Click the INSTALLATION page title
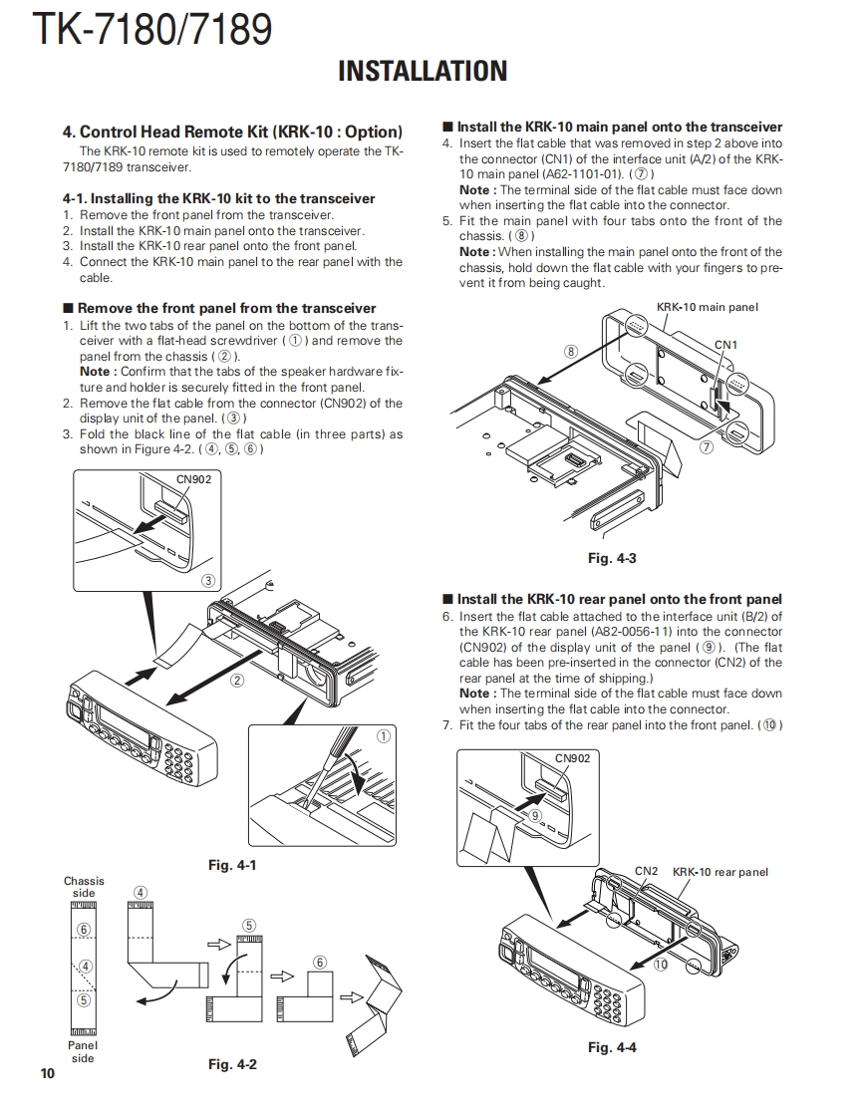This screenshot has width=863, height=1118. pyautogui.click(x=423, y=72)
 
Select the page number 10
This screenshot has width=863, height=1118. pyautogui.click(x=48, y=1073)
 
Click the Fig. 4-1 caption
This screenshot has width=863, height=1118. pyautogui.click(x=232, y=865)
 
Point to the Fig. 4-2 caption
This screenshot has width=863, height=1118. pyautogui.click(x=232, y=1064)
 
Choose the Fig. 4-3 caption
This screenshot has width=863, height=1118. pyautogui.click(x=612, y=558)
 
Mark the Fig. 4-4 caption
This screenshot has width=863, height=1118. pyautogui.click(x=612, y=1047)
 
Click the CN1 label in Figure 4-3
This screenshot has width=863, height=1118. pyautogui.click(x=726, y=345)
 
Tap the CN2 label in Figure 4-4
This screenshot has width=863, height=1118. pyautogui.click(x=647, y=871)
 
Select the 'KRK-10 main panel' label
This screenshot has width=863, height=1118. pyautogui.click(x=708, y=307)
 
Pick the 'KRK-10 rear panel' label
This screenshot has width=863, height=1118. pyautogui.click(x=720, y=872)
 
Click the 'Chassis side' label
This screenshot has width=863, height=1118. pyautogui.click(x=84, y=887)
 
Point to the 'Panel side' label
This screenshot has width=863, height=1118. pyautogui.click(x=83, y=1051)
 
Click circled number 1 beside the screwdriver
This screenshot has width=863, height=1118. pyautogui.click(x=382, y=736)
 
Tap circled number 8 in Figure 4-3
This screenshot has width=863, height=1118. pyautogui.click(x=570, y=351)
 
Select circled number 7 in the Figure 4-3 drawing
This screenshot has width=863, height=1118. pyautogui.click(x=707, y=447)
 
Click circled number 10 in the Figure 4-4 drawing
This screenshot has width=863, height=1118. pyautogui.click(x=660, y=965)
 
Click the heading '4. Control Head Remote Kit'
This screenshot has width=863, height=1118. pyautogui.click(x=232, y=132)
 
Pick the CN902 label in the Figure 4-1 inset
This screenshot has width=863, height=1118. pyautogui.click(x=193, y=479)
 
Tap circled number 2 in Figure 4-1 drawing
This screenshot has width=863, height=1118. pyautogui.click(x=237, y=682)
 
